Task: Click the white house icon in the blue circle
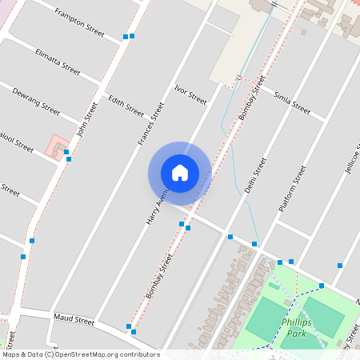click(x=179, y=172)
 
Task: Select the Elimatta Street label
click(x=58, y=61)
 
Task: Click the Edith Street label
click(x=126, y=106)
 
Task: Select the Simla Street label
click(x=292, y=103)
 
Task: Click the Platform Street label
click(x=292, y=188)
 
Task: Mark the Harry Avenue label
click(x=157, y=206)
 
